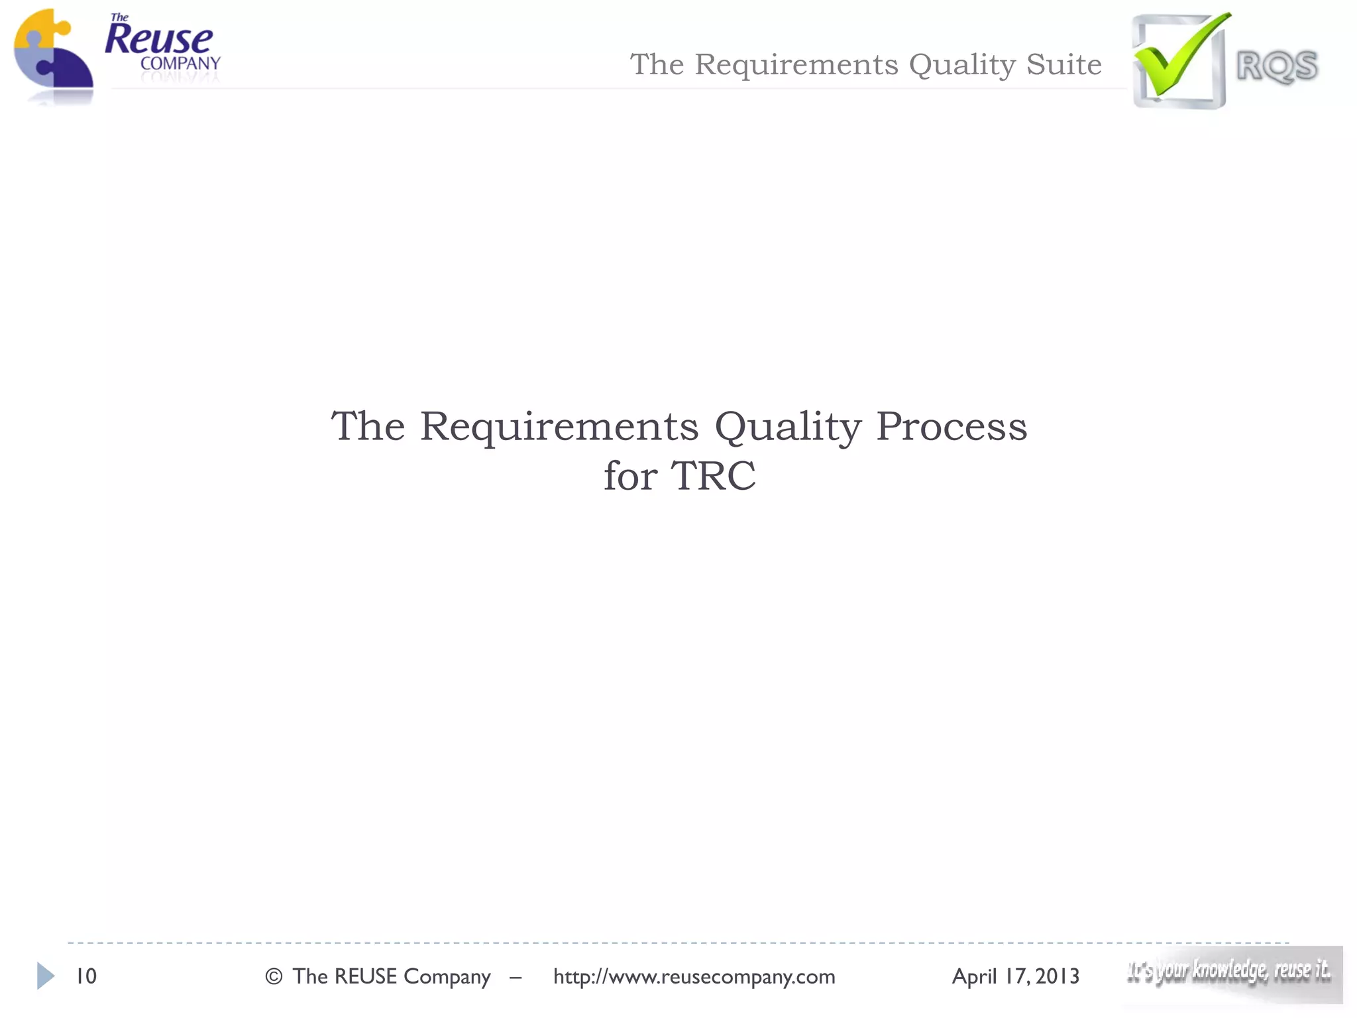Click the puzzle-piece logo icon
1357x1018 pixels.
coord(53,56)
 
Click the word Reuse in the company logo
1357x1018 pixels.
coord(159,40)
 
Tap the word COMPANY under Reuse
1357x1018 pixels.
coord(180,64)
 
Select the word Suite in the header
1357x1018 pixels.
coord(1064,64)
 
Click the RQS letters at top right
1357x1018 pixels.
coord(1277,66)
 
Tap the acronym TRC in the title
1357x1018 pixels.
coord(713,476)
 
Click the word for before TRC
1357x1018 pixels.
coord(630,476)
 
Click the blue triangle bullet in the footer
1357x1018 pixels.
coord(45,976)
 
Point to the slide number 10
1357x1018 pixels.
coord(86,976)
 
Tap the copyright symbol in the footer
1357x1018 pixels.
coord(274,976)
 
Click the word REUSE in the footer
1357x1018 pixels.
coord(365,976)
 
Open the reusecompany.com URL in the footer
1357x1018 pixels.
coord(694,976)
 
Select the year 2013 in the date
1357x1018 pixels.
coord(1058,976)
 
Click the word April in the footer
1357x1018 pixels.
coord(974,976)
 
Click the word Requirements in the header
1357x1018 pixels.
coord(797,64)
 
